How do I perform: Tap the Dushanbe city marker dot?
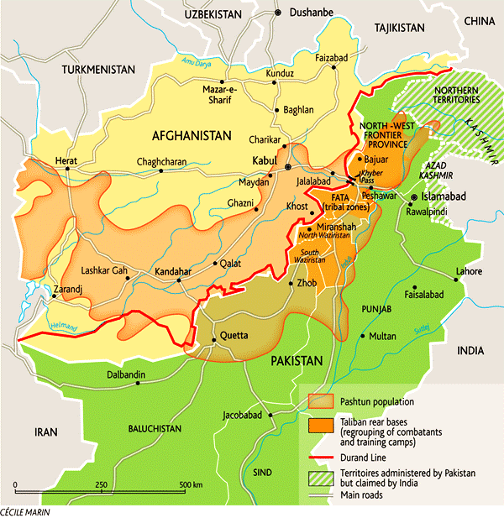click(278, 13)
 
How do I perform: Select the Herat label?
click(66, 160)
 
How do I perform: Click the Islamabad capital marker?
click(413, 197)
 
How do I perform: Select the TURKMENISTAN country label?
click(99, 68)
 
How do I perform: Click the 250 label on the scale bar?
click(101, 486)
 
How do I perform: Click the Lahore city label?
click(469, 271)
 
